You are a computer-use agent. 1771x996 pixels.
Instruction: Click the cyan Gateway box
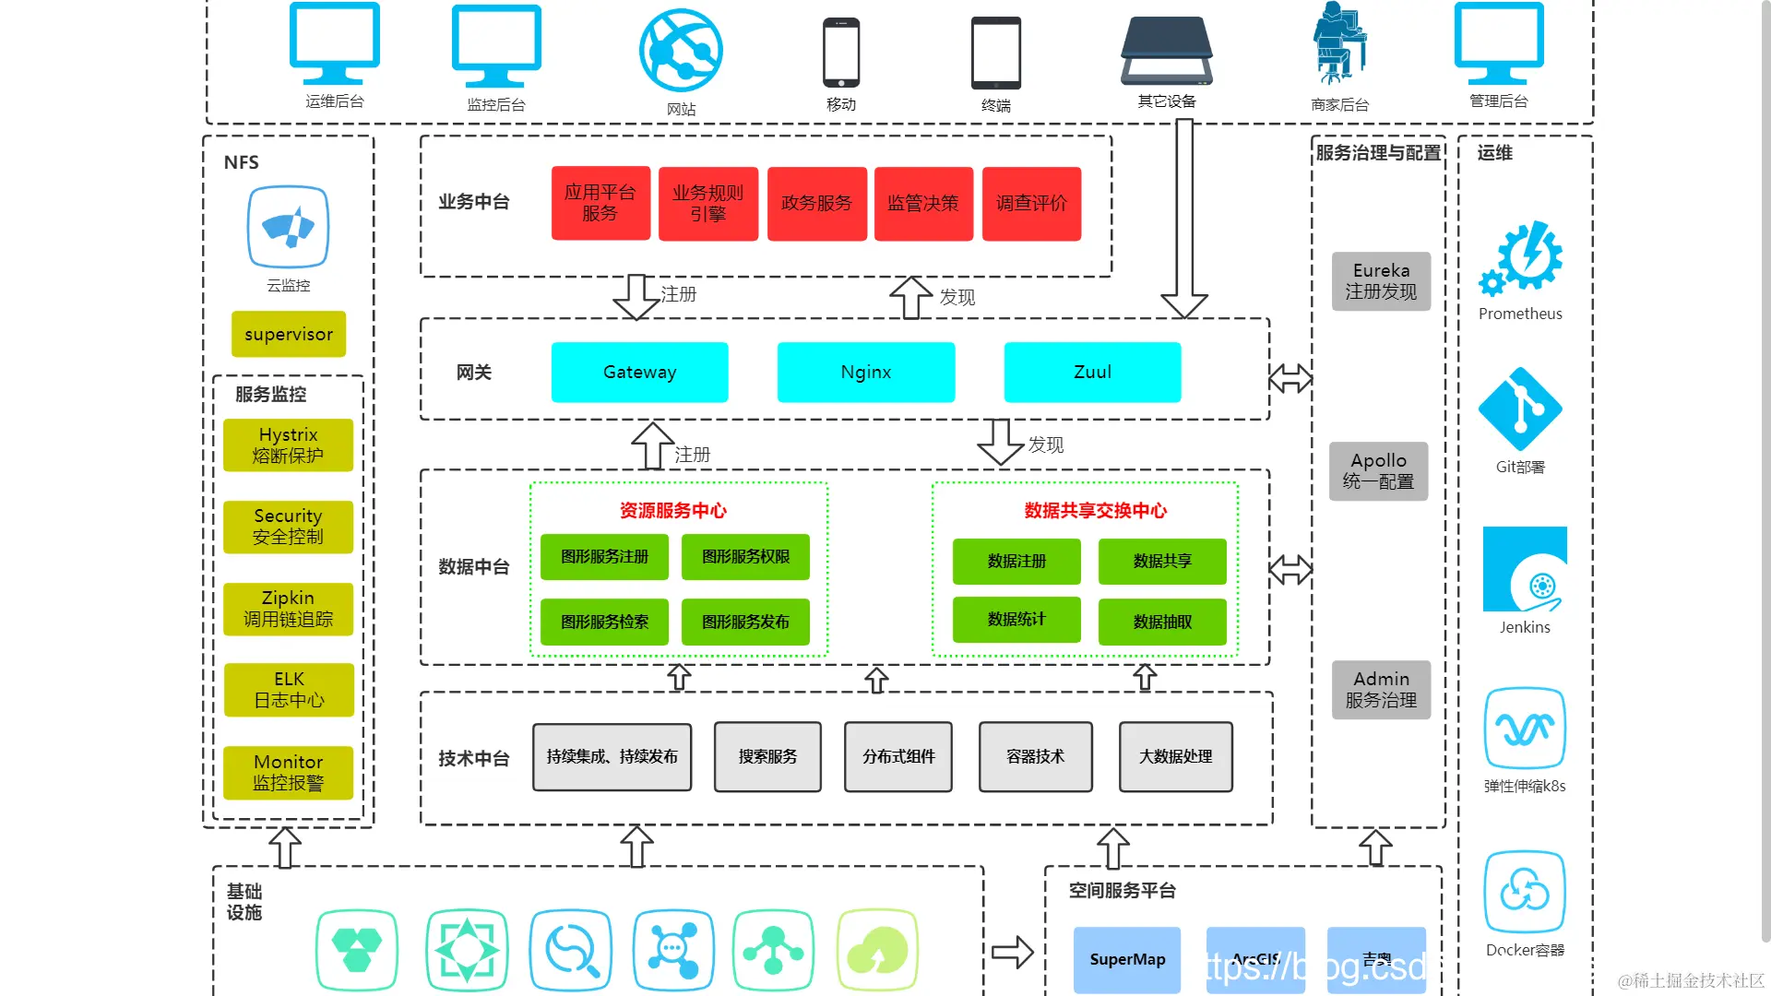point(639,373)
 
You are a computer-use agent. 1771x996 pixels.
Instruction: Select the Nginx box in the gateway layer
point(865,373)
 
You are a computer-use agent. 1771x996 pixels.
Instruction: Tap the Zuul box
point(1092,373)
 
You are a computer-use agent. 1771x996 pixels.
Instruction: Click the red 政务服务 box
point(816,204)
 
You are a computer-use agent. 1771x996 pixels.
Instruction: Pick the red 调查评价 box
point(1031,204)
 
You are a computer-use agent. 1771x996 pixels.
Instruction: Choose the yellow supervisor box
point(289,334)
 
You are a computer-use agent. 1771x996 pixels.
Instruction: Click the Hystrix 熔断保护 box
point(288,445)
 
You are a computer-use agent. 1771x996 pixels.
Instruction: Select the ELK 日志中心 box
point(289,690)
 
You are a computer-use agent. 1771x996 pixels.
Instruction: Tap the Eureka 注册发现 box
point(1381,281)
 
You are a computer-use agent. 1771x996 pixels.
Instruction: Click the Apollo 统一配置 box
point(1378,471)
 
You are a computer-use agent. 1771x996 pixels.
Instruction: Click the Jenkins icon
point(1525,569)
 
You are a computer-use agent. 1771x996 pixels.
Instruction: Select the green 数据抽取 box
point(1162,622)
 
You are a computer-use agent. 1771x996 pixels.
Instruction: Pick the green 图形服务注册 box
point(604,557)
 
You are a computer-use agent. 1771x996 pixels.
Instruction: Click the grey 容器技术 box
point(1035,757)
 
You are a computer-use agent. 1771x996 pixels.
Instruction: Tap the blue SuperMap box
point(1127,959)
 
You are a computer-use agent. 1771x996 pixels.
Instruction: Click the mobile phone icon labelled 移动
point(841,53)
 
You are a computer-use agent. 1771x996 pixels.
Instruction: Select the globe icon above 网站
point(681,51)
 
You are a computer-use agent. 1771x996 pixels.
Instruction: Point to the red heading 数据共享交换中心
point(1095,511)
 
